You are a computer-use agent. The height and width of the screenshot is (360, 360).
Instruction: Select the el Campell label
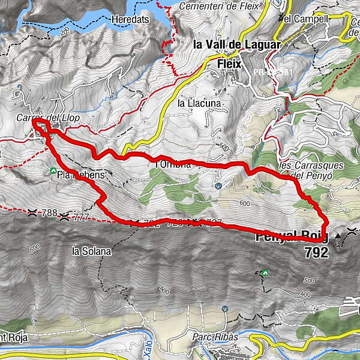click(306, 19)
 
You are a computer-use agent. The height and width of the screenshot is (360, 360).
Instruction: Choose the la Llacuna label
click(200, 103)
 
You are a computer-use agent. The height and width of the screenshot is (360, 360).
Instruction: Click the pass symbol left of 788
click(31, 212)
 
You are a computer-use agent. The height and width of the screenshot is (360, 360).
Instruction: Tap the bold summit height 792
click(316, 253)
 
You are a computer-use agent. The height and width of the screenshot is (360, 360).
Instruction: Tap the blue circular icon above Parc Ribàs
click(224, 308)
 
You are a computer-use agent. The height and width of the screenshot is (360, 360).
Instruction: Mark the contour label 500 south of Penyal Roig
click(309, 280)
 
